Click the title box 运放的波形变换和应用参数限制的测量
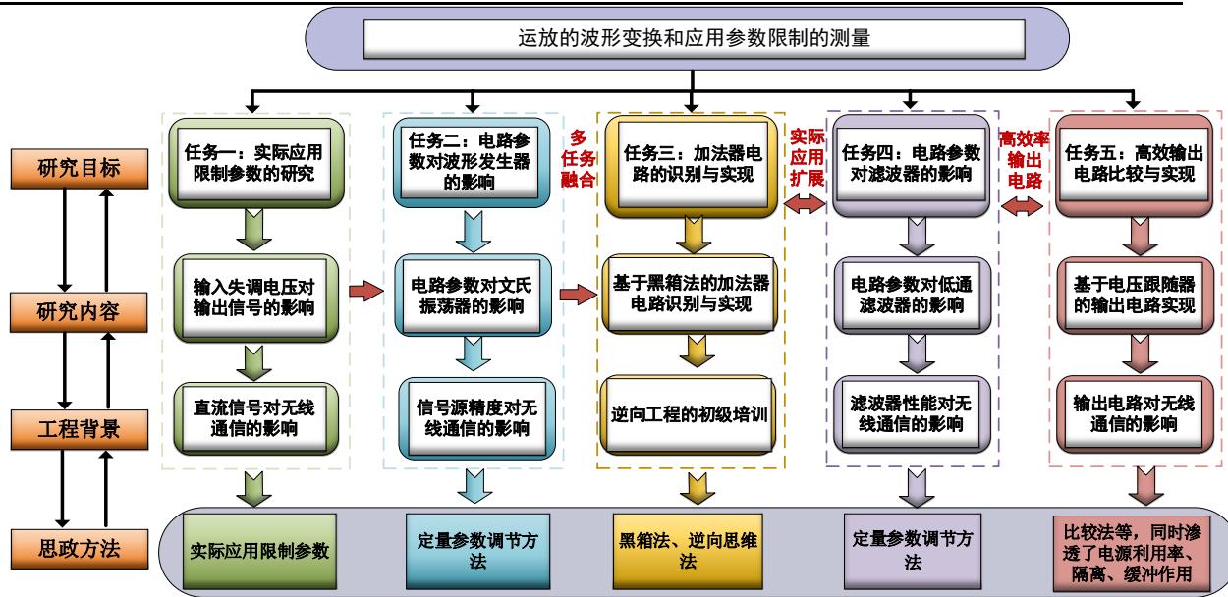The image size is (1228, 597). [693, 39]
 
